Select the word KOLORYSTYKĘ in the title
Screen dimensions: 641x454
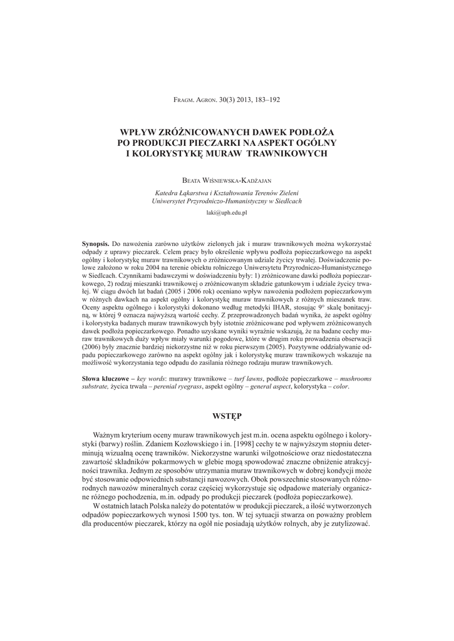point(166,153)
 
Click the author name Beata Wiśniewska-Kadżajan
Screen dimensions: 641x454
point(227,180)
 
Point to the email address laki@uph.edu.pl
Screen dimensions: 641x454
point(227,213)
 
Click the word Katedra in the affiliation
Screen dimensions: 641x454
point(167,193)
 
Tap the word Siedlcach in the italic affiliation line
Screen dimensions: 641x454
point(287,202)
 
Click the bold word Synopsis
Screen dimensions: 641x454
point(96,242)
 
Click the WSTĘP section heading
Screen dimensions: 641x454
point(227,416)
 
